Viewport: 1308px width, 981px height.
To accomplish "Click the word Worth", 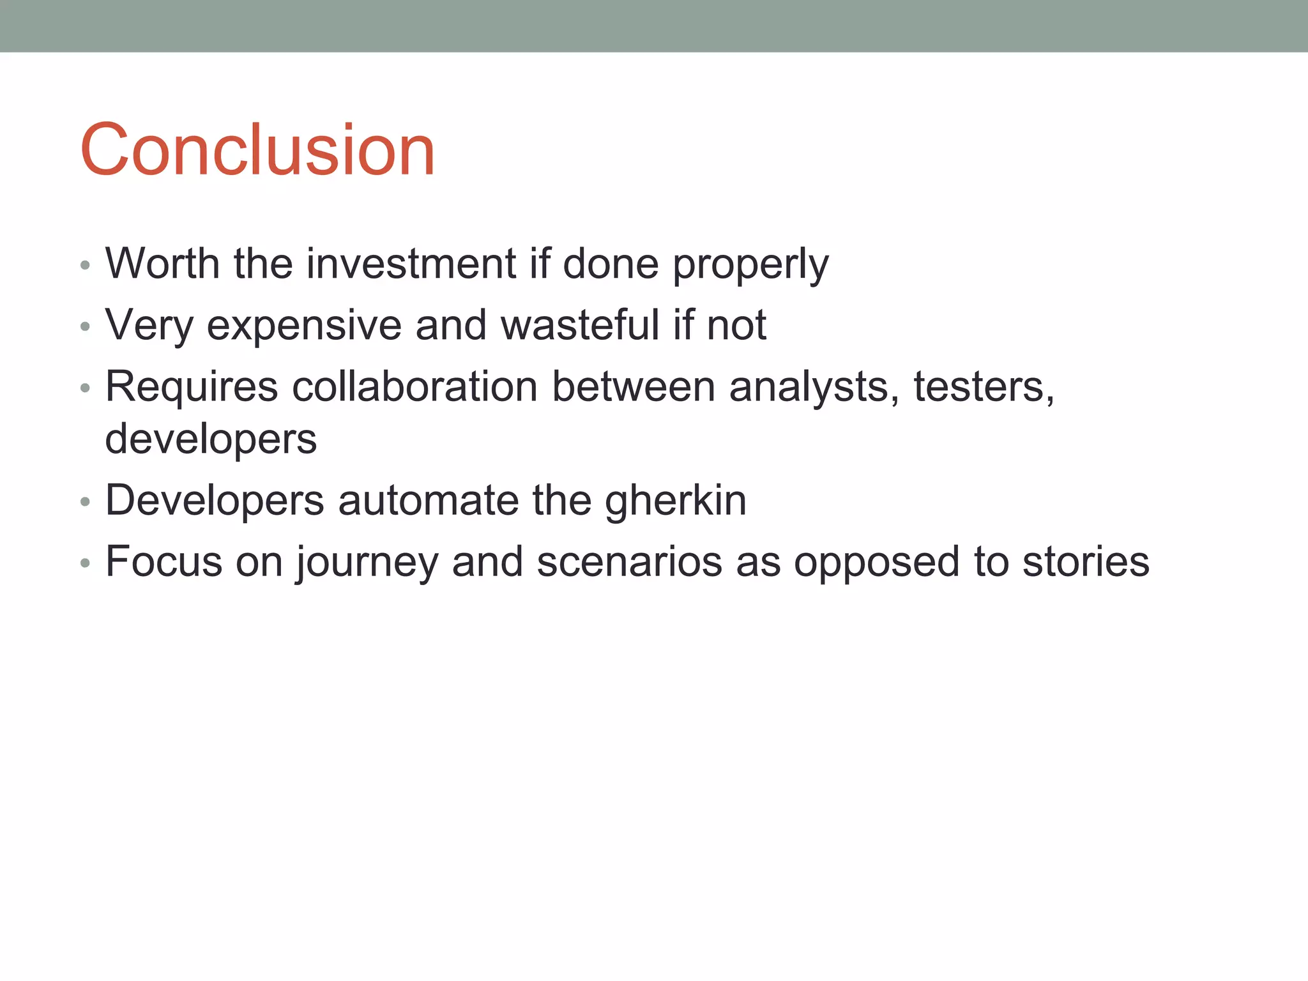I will pyautogui.click(x=162, y=263).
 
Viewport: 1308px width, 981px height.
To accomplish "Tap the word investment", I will pyautogui.click(x=411, y=263).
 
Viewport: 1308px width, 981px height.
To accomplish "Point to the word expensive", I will pyautogui.click(x=304, y=326).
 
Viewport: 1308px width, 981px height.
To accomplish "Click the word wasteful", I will pyautogui.click(x=580, y=324).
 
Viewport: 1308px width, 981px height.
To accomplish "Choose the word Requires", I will pyautogui.click(x=192, y=388).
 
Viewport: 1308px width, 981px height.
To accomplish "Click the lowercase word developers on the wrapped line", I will pyautogui.click(x=211, y=440).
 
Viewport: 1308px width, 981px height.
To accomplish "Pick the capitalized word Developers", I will pyautogui.click(x=215, y=501).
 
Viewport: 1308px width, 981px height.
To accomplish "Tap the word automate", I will pyautogui.click(x=428, y=500).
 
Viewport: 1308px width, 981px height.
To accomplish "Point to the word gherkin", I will pyautogui.click(x=675, y=501).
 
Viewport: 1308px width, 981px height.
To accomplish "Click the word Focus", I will pyautogui.click(x=163, y=561).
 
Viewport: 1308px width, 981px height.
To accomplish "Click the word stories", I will pyautogui.click(x=1086, y=561).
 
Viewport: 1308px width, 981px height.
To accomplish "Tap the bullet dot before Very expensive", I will pyautogui.click(x=85, y=327).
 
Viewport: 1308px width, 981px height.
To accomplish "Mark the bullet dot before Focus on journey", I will pyautogui.click(x=85, y=563).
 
